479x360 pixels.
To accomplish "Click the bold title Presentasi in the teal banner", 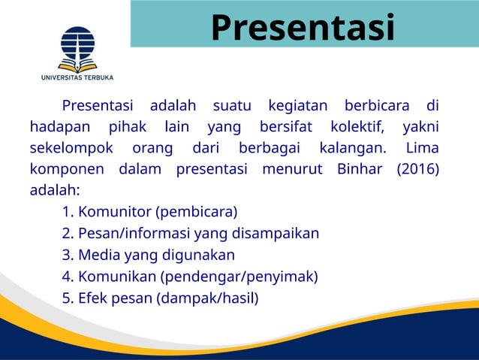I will coord(303,28).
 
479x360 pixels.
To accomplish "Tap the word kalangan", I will coord(352,147).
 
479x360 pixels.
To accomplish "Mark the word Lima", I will coord(422,147).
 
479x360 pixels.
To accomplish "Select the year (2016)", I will coord(417,169).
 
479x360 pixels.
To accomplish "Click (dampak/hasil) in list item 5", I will coord(207,298).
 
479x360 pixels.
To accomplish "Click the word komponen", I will coord(67,169).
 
